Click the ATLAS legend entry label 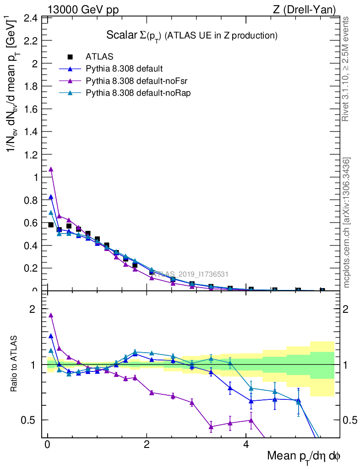[x=99, y=57]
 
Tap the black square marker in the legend [x=70, y=57]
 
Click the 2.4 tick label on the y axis [x=31, y=18]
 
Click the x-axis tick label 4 [x=246, y=445]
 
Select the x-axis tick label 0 [x=47, y=445]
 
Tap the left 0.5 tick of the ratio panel [x=31, y=420]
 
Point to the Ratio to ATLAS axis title [x=15, y=365]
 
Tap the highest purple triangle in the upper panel [x=51, y=169]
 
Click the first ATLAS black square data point [x=51, y=225]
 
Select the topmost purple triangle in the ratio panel [x=51, y=315]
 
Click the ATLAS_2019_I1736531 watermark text [x=190, y=274]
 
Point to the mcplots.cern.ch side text [x=347, y=223]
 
